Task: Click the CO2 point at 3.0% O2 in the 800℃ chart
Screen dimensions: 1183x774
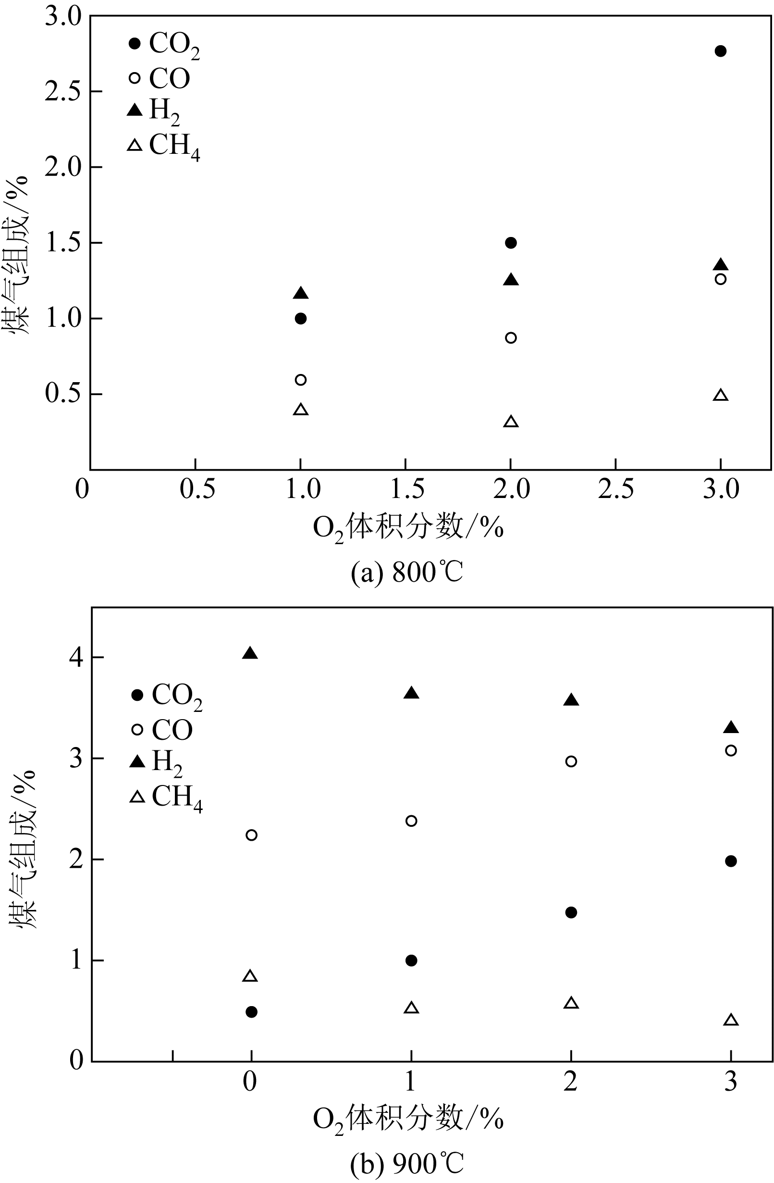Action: click(x=720, y=51)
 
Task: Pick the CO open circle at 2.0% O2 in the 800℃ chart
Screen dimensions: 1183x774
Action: click(x=511, y=338)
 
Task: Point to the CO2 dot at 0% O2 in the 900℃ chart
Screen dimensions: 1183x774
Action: click(x=251, y=1012)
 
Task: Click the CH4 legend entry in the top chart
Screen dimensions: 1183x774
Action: click(x=164, y=146)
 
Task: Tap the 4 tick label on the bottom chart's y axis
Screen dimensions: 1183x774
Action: click(x=75, y=658)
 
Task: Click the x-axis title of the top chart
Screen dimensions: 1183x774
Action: click(x=407, y=528)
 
